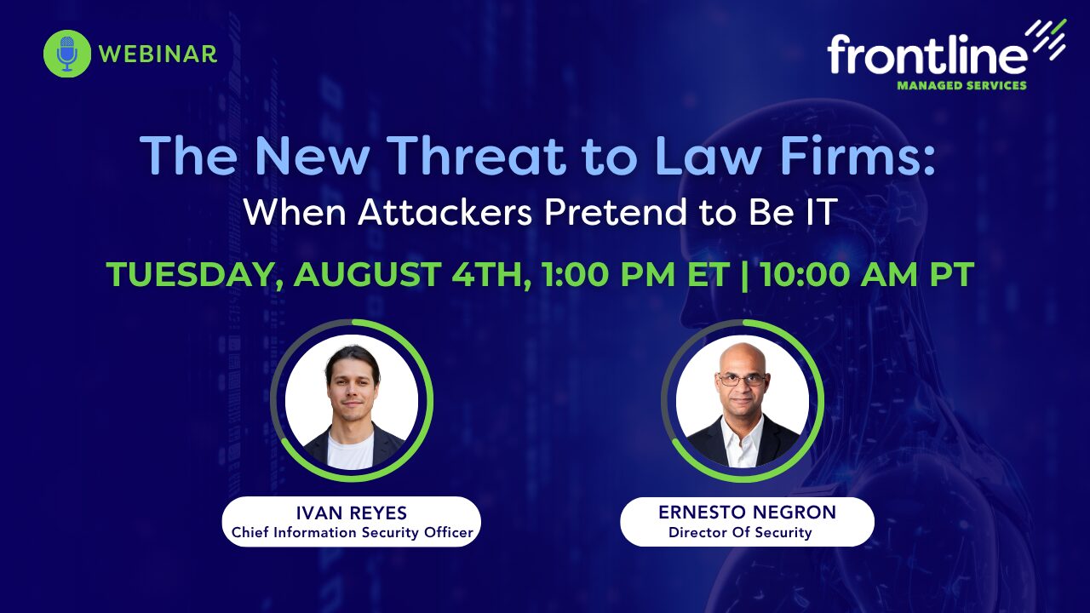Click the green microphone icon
pyautogui.click(x=67, y=54)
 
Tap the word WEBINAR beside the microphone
pyautogui.click(x=158, y=54)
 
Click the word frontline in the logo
pyautogui.click(x=927, y=54)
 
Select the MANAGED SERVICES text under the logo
pyautogui.click(x=961, y=86)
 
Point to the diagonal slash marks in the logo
pyautogui.click(x=1046, y=39)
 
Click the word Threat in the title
pyautogui.click(x=479, y=155)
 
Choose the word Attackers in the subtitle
pyautogui.click(x=445, y=212)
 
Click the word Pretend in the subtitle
pyautogui.click(x=616, y=212)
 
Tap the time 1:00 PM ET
pyautogui.click(x=636, y=274)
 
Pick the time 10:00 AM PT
pyautogui.click(x=868, y=274)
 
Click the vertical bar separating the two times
pyautogui.click(x=745, y=275)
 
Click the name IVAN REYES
pyautogui.click(x=352, y=513)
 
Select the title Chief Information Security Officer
pyautogui.click(x=353, y=533)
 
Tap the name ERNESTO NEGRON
pyautogui.click(x=747, y=512)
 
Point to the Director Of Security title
pyautogui.click(x=740, y=533)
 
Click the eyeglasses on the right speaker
pyautogui.click(x=742, y=380)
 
